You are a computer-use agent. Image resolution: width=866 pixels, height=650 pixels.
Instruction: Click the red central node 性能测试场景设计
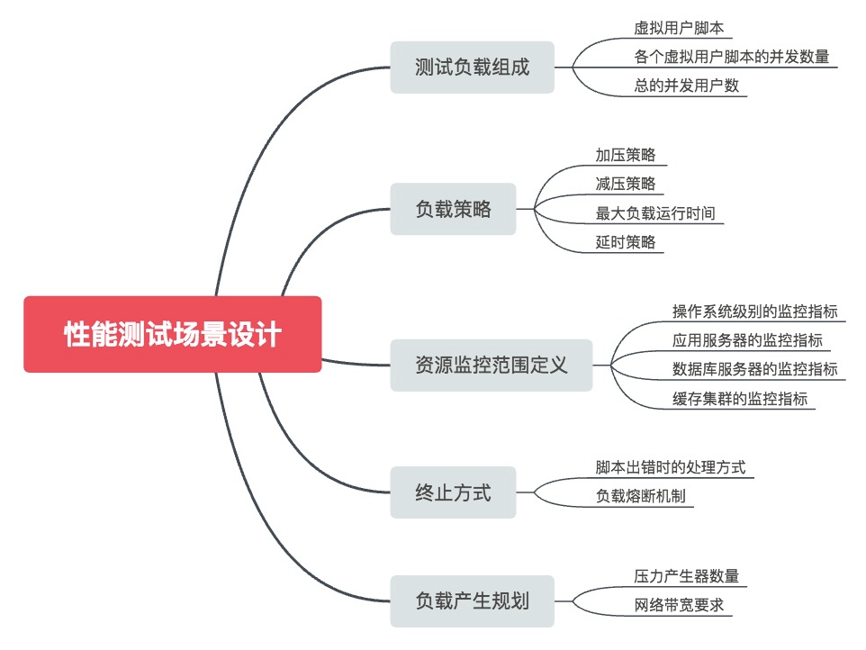[x=172, y=334]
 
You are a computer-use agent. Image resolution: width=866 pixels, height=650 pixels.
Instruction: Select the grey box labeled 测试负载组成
[x=472, y=68]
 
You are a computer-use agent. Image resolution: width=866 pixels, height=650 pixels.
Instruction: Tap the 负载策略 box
[x=453, y=209]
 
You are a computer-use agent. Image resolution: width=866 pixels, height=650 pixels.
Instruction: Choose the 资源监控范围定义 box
[x=491, y=365]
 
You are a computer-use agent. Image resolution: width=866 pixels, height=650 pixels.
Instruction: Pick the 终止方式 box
[x=453, y=492]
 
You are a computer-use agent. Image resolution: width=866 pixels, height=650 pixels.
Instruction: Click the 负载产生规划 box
[x=472, y=600]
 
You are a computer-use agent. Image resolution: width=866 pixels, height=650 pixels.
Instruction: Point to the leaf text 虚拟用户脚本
[x=678, y=28]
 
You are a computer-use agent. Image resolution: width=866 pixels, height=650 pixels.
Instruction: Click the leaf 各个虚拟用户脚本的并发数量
[x=731, y=57]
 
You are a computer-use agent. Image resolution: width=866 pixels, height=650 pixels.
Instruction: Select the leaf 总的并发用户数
[x=686, y=86]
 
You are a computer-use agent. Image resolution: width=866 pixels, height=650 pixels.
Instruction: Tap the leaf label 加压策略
[x=625, y=154]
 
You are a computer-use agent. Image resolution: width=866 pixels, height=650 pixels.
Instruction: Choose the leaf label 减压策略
[x=625, y=184]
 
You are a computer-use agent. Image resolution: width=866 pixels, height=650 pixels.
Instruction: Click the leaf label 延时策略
[x=625, y=242]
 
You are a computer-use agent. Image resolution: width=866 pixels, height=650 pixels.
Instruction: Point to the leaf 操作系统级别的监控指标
[x=754, y=311]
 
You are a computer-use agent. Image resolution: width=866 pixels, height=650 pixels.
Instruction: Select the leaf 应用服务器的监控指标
[x=746, y=340]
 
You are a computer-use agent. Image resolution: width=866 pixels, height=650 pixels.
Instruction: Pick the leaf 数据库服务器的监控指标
[x=754, y=369]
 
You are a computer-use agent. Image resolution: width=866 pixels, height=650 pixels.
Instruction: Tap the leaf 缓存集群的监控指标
[x=739, y=399]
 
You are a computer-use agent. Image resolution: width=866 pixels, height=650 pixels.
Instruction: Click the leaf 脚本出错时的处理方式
[x=670, y=467]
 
